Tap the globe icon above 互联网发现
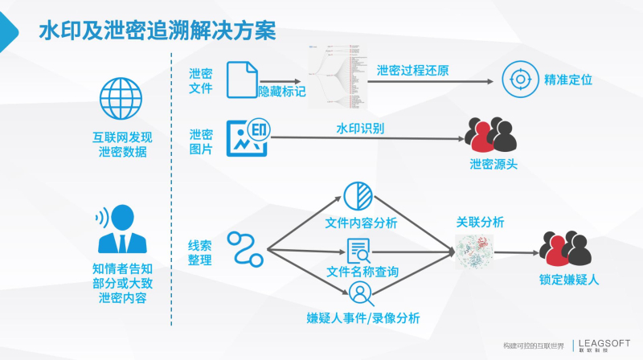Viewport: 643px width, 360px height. click(x=120, y=98)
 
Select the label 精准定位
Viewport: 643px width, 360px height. click(x=568, y=80)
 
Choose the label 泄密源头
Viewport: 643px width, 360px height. click(x=493, y=165)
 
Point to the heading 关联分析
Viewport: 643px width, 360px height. click(x=480, y=221)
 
